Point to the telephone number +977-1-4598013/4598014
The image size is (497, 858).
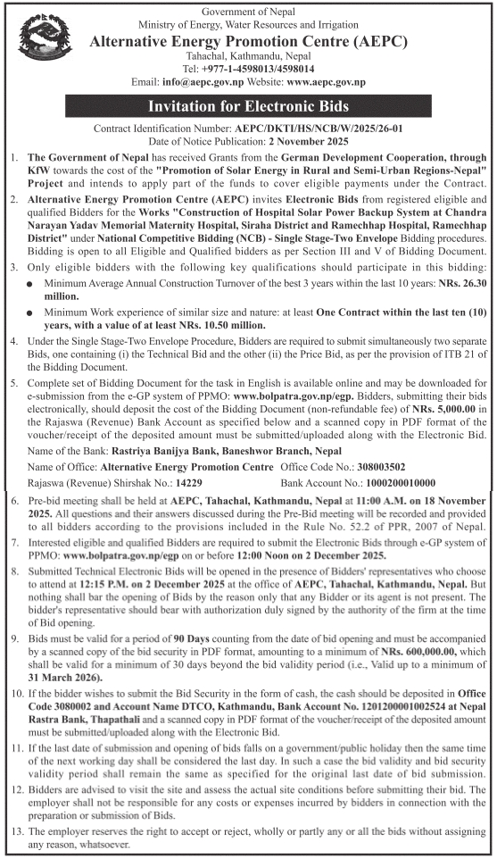(260, 68)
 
